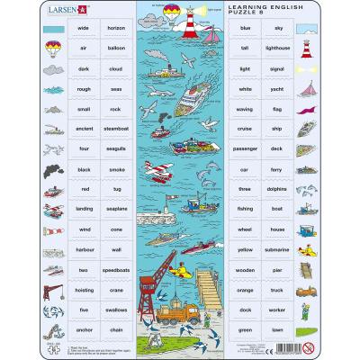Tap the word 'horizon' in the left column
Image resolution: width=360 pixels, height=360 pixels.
coord(116,29)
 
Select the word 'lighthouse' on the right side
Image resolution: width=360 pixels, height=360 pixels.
coord(278,49)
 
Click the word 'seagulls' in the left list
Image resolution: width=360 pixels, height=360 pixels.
coord(116,148)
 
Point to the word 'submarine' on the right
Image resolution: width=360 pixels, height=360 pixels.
coord(278,249)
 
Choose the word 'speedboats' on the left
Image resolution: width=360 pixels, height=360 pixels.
coord(116,270)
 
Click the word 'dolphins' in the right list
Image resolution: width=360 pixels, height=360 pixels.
coord(278,190)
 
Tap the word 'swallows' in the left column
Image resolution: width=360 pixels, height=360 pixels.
coord(116,310)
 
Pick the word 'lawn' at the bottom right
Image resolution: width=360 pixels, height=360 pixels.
coord(278,329)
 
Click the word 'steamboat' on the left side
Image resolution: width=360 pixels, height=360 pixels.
coord(116,129)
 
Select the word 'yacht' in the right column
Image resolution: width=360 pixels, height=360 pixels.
coord(278,89)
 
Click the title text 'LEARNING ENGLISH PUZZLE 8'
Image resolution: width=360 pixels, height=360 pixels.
coord(260,12)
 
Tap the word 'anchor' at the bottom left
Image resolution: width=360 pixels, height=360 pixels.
coord(84,329)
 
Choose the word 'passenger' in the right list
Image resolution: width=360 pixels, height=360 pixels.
coord(245,148)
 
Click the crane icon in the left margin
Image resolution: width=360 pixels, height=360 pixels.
coord(51,290)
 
